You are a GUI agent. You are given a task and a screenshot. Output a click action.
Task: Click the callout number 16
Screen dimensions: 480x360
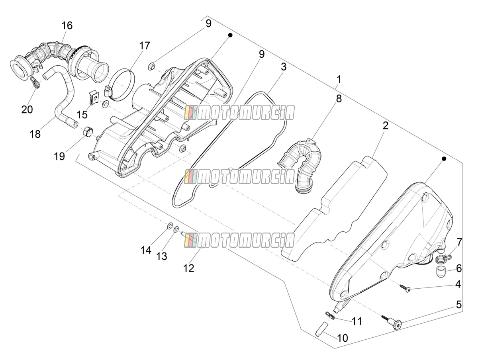pos(67,25)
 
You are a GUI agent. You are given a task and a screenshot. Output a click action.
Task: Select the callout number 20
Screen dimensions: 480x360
pos(27,109)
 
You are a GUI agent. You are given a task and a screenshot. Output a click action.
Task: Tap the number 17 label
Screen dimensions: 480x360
pos(145,46)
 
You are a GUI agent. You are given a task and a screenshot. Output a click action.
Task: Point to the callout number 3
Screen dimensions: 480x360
pos(284,67)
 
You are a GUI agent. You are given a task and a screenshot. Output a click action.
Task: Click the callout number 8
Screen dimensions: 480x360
pos(339,99)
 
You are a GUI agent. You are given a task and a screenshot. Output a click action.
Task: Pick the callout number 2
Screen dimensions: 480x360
pos(385,125)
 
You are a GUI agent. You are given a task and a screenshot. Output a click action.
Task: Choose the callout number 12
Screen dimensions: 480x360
pos(189,268)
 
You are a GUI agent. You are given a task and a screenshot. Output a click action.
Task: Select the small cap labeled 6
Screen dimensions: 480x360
pos(438,272)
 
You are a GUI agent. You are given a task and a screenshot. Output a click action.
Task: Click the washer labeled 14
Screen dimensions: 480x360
pos(169,226)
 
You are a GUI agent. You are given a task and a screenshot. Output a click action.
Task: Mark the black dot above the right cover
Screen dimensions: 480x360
pos(444,158)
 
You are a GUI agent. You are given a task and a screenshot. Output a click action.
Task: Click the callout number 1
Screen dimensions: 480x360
pos(339,79)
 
